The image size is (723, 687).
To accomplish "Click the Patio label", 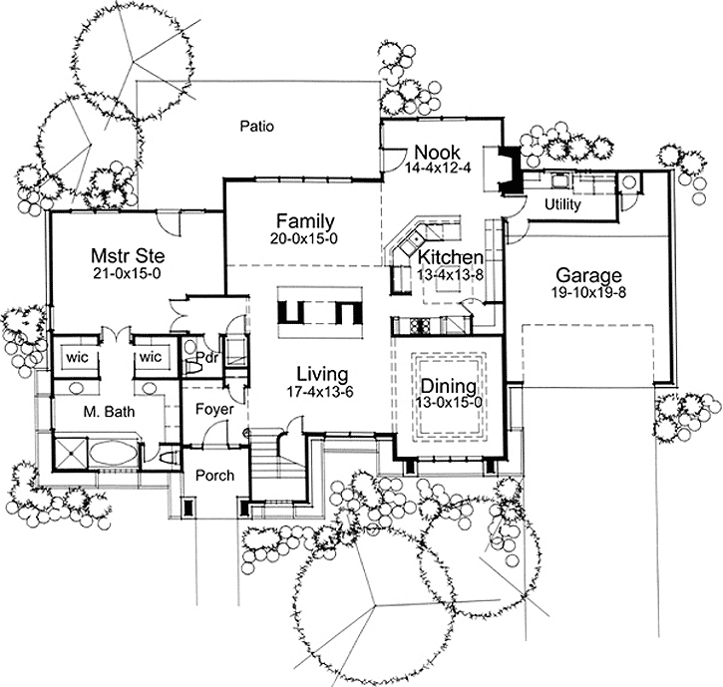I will coord(257,127).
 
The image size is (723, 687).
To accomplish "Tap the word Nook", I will coord(436,153).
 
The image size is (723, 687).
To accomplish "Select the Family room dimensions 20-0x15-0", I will coord(304,239).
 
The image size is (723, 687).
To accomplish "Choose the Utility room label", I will coord(562,204).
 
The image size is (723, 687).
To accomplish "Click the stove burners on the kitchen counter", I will coord(418,326).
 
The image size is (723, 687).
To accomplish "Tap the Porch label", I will coord(213,475).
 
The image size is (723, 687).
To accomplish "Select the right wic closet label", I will coord(150,356).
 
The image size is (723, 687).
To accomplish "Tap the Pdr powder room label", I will coord(207,357).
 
